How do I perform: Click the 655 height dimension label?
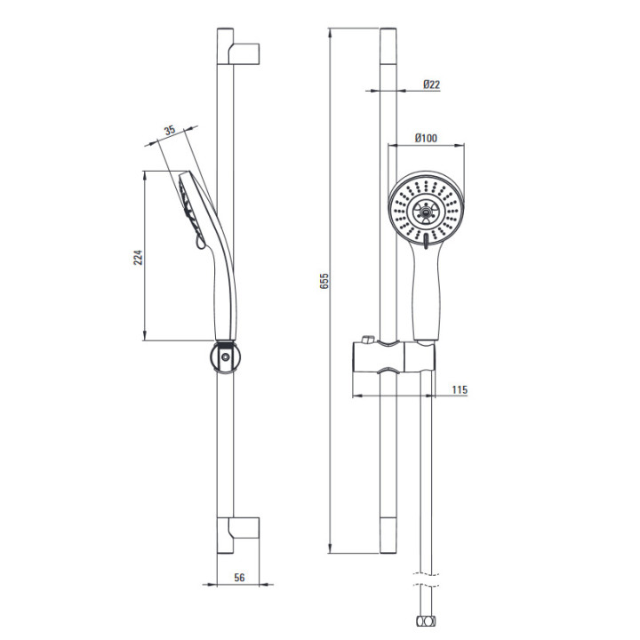[x=324, y=281]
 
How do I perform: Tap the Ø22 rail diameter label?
[x=431, y=84]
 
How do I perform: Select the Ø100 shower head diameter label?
[x=426, y=138]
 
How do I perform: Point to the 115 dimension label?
[x=460, y=390]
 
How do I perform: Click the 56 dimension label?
[x=239, y=577]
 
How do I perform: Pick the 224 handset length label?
[x=139, y=257]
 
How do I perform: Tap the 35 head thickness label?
[x=170, y=130]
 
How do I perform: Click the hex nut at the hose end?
[x=425, y=621]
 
